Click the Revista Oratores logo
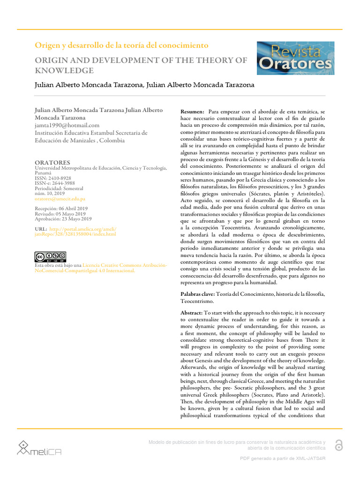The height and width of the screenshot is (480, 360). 295,58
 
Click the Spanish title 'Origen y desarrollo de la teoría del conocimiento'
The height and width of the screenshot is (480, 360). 121,45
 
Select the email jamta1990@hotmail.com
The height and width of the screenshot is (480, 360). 67,125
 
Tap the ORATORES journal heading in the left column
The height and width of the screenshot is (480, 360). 52,163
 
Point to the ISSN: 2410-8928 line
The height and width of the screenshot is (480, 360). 53,178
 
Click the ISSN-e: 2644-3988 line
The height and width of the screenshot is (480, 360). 55,183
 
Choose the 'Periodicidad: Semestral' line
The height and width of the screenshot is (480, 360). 59,188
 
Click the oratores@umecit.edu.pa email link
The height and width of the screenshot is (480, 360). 60,199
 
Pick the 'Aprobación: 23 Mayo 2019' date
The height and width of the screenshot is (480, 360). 64,219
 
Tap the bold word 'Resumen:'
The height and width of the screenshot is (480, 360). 192,112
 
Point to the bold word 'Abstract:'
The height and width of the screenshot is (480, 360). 192,312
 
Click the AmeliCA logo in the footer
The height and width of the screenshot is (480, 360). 39,448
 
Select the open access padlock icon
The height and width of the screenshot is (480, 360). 338,445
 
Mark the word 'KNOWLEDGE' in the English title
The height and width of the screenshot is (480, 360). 64,71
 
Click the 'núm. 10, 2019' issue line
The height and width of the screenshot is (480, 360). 50,194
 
